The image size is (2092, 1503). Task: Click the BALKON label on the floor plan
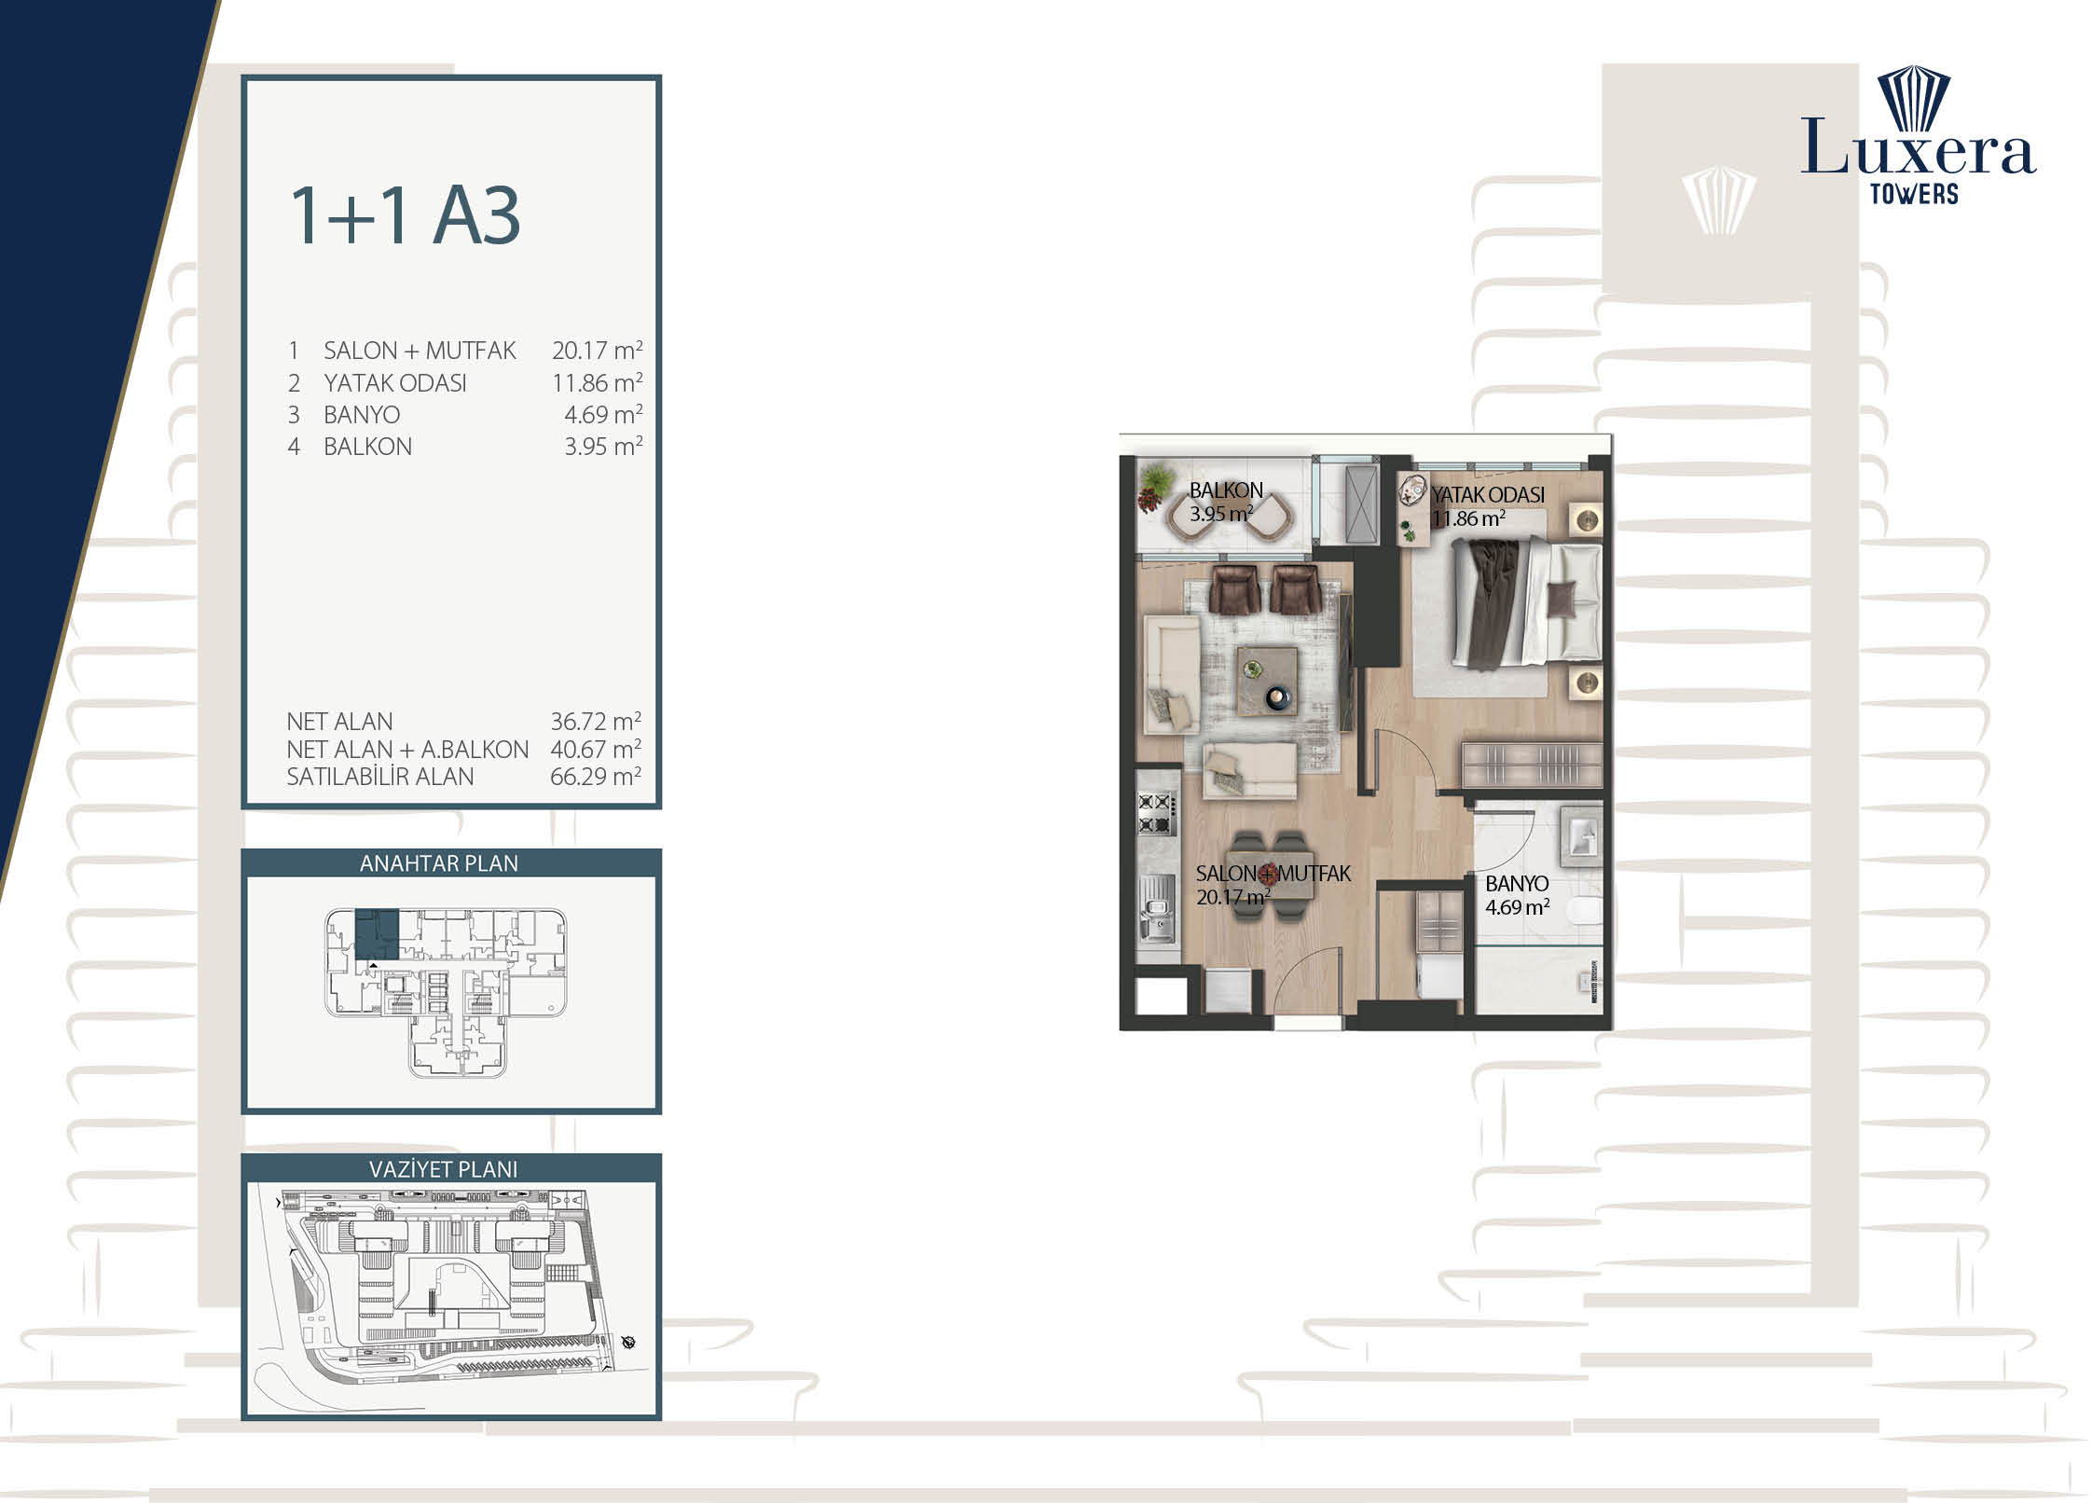1226,490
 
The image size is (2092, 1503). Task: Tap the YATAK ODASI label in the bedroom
1488,495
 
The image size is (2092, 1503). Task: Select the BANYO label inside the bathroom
1517,883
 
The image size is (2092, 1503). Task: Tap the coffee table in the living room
1267,681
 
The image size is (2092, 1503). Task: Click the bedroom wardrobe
1532,765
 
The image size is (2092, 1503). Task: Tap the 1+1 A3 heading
405,216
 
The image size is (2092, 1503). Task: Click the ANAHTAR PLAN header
439,863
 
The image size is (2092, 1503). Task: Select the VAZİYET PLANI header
443,1169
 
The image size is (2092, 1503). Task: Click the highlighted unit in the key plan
377,933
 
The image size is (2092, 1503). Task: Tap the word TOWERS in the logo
1914,194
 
